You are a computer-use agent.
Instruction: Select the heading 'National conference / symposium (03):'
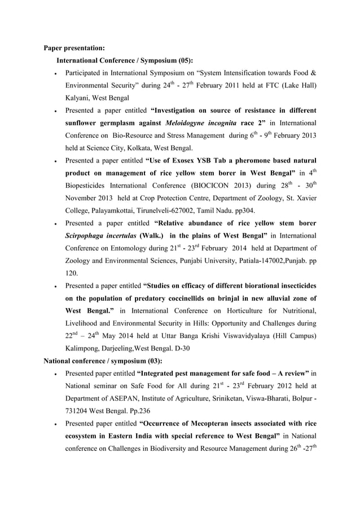click(103, 361)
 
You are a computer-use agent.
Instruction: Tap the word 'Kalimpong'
click(85, 348)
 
